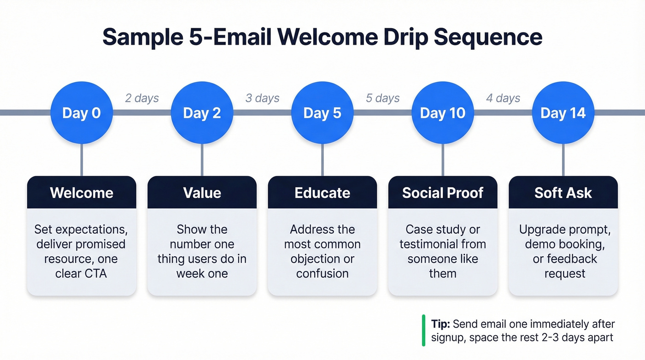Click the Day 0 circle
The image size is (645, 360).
click(x=82, y=113)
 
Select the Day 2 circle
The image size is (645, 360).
click(x=202, y=113)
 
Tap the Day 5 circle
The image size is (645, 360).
click(x=322, y=113)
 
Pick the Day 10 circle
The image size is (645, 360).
click(x=443, y=113)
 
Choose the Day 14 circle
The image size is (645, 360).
click(x=563, y=113)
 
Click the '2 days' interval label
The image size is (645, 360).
click(x=142, y=98)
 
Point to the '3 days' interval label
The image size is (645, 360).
click(x=262, y=98)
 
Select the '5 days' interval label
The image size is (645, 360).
click(x=383, y=98)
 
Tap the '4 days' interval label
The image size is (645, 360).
click(x=503, y=98)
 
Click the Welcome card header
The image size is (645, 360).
click(x=82, y=192)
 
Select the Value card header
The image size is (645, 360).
click(x=202, y=192)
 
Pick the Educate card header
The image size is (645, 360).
click(x=322, y=192)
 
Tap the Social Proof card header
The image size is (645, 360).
click(x=443, y=192)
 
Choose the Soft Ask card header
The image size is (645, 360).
click(x=563, y=192)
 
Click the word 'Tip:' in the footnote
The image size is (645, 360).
click(x=441, y=324)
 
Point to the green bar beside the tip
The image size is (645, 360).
click(x=423, y=330)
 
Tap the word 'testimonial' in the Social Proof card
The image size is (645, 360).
click(x=426, y=244)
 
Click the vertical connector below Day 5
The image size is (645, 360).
click(x=322, y=160)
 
